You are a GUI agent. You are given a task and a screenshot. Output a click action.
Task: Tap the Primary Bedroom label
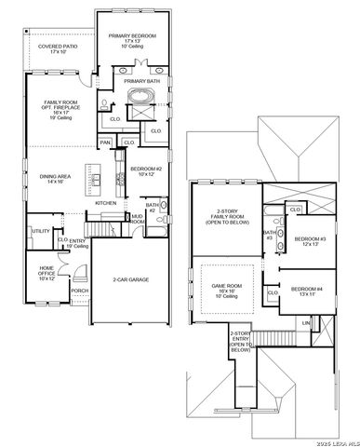pyautogui.click(x=132, y=40)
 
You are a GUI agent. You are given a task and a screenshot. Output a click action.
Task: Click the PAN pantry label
pyautogui.click(x=106, y=142)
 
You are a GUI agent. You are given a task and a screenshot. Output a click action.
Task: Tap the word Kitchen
pyautogui.click(x=105, y=203)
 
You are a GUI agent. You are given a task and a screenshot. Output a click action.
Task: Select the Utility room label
pyautogui.click(x=40, y=231)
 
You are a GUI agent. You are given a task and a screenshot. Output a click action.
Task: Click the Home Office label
pyautogui.click(x=46, y=273)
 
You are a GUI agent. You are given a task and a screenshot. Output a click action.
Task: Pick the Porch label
pyautogui.click(x=80, y=291)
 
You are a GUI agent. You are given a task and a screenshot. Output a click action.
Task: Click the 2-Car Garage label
pyautogui.click(x=132, y=279)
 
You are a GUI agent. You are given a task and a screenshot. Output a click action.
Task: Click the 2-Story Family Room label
pyautogui.click(x=223, y=217)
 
